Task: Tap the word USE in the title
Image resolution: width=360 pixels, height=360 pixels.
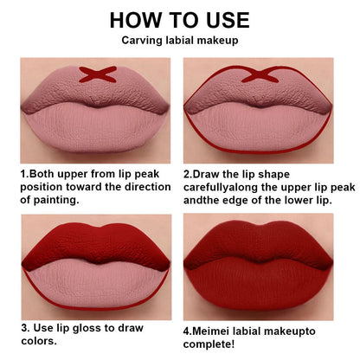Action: [220, 19]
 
